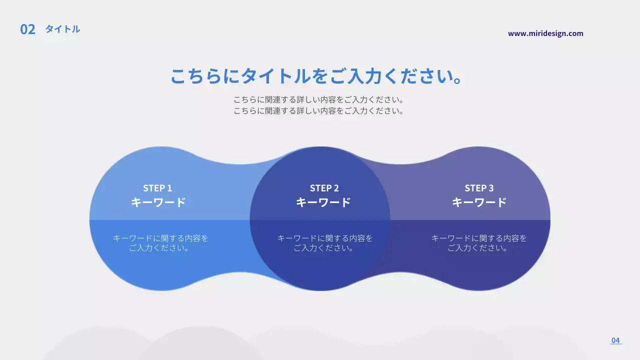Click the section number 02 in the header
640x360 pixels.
(27, 29)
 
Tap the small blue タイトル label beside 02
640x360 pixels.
(62, 29)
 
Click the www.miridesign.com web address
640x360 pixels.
(545, 33)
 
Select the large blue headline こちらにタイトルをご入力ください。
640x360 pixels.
(315, 76)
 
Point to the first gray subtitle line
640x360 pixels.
(318, 99)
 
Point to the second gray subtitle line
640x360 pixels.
(318, 111)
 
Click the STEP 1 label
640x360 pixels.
(157, 188)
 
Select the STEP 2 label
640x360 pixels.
(324, 188)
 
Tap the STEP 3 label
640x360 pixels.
(479, 188)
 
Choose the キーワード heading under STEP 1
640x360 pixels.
(158, 202)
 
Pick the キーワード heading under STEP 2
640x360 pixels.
(323, 202)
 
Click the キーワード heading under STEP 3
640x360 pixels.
(479, 202)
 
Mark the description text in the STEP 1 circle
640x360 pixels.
(160, 243)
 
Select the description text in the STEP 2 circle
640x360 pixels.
(325, 243)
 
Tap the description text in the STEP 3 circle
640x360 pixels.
(479, 243)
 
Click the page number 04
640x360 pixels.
(615, 340)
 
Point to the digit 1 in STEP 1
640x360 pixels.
(169, 188)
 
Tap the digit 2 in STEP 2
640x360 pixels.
(336, 188)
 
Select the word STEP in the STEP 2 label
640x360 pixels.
(320, 188)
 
